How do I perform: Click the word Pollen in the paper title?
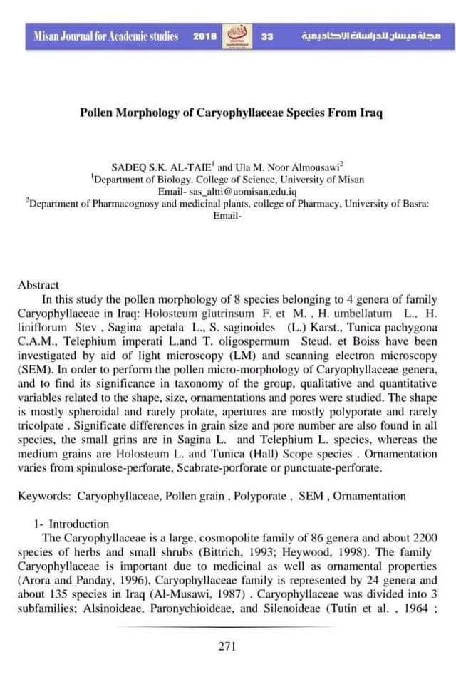click(98, 114)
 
